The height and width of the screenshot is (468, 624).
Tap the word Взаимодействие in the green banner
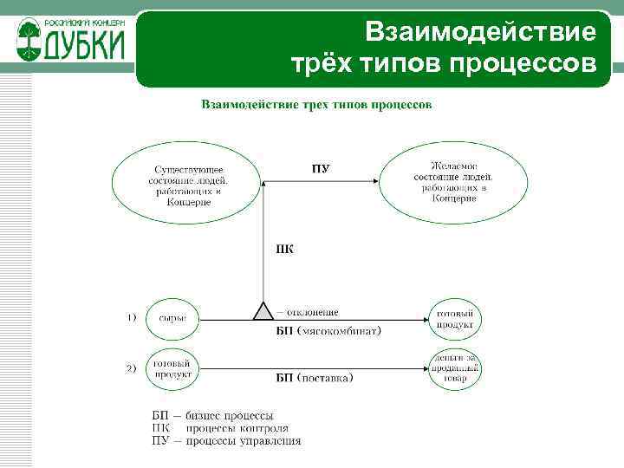481,33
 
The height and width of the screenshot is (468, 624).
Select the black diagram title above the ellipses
316,105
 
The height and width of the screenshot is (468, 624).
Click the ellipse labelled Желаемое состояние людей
454,181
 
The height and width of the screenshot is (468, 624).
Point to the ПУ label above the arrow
320,168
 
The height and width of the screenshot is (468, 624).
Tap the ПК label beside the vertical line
283,250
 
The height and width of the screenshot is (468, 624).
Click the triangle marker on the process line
263,312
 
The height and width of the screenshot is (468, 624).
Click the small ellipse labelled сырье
172,318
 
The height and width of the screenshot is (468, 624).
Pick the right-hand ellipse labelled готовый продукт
456,318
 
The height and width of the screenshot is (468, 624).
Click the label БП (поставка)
315,379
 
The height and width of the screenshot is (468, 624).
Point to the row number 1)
132,318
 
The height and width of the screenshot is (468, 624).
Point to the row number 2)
132,369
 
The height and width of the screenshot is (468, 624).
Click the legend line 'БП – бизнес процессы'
213,415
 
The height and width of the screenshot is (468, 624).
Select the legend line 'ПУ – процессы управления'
226,440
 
